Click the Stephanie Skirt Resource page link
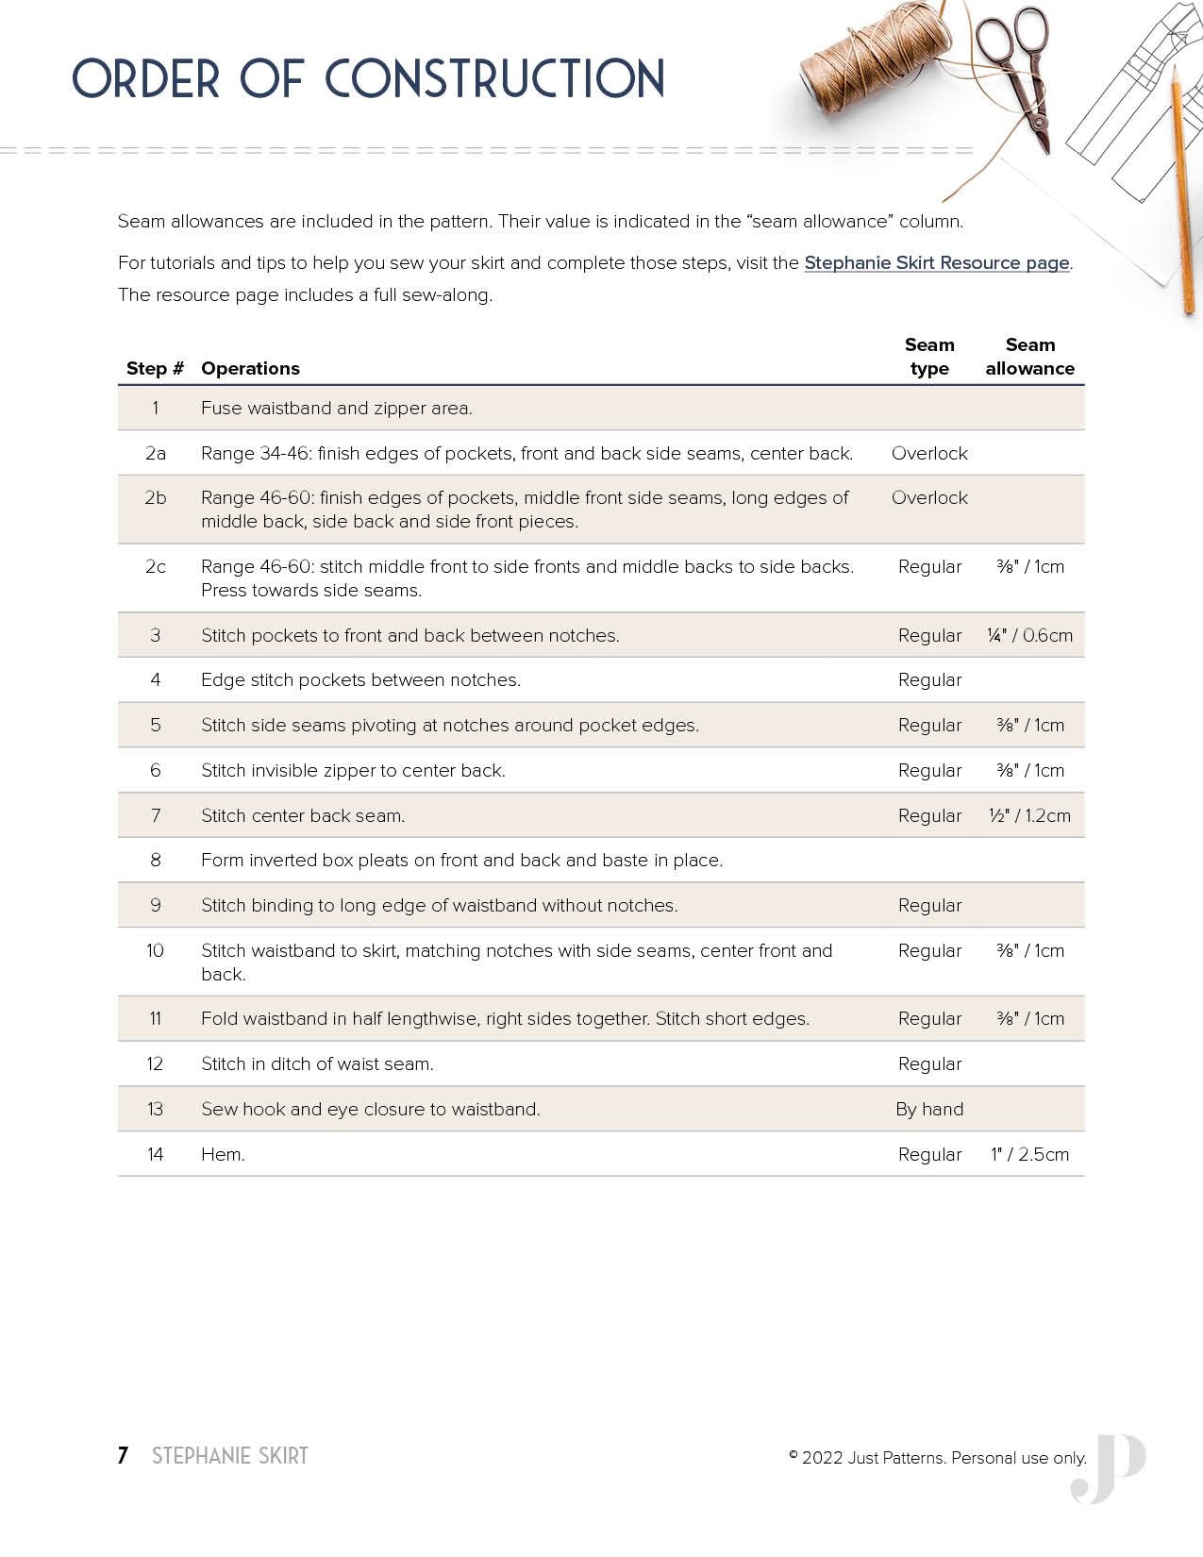click(x=937, y=263)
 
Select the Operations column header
click(x=250, y=369)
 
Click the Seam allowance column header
click(x=1029, y=357)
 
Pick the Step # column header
click(x=155, y=369)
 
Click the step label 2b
click(x=155, y=498)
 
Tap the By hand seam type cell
click(x=929, y=1110)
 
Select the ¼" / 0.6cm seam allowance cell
click(x=1029, y=636)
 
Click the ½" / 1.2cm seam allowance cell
click(x=1029, y=816)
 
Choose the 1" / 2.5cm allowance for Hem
click(x=1029, y=1155)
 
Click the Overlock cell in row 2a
click(x=929, y=454)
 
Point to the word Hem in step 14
click(x=223, y=1155)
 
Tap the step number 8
click(x=155, y=861)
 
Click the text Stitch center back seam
click(x=303, y=816)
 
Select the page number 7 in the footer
click(x=123, y=1456)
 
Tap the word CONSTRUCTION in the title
click(x=495, y=79)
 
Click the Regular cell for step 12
click(x=929, y=1064)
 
